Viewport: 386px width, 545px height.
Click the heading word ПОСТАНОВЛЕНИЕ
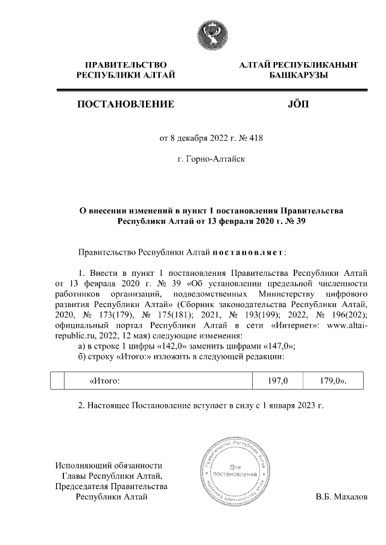[x=126, y=104]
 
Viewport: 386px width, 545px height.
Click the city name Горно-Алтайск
[x=211, y=160]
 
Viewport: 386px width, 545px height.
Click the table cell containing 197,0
[x=278, y=381]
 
